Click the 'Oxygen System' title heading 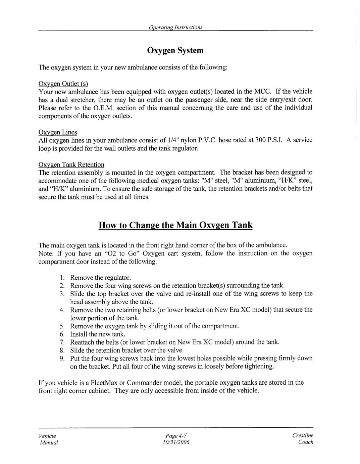pos(175,51)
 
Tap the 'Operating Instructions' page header pos(175,27)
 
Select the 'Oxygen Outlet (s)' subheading pos(63,84)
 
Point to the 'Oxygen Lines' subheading pos(58,132)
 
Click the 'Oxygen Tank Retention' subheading pos(71,165)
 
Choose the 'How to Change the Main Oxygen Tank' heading pos(175,225)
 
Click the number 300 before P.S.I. pos(260,140)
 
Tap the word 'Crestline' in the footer pos(303,435)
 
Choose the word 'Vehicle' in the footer pos(47,436)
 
